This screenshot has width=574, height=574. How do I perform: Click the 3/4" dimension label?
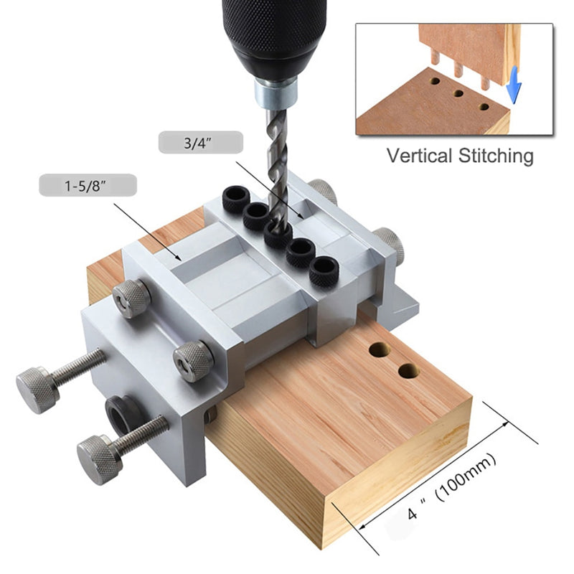(198, 143)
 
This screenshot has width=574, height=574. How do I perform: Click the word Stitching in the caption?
(496, 156)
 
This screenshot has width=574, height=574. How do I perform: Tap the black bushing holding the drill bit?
(278, 235)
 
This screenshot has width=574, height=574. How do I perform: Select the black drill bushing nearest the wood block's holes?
(324, 271)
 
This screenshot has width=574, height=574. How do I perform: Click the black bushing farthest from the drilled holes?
(236, 199)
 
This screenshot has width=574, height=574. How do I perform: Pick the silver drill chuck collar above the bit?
(276, 93)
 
